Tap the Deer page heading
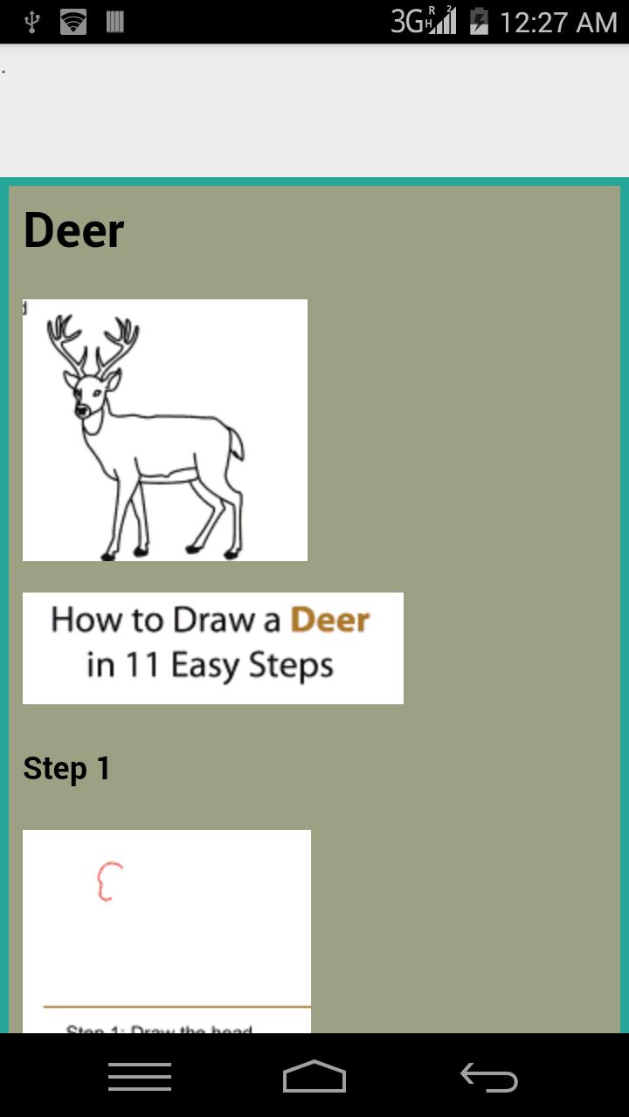(74, 231)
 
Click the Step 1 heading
(67, 769)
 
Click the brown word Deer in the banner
(330, 620)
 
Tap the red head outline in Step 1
(108, 881)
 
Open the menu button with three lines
(140, 1077)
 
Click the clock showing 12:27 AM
(558, 22)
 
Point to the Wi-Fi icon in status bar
(73, 22)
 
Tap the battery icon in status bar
(479, 21)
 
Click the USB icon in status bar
(31, 22)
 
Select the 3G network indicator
(407, 22)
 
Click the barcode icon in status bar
(114, 22)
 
